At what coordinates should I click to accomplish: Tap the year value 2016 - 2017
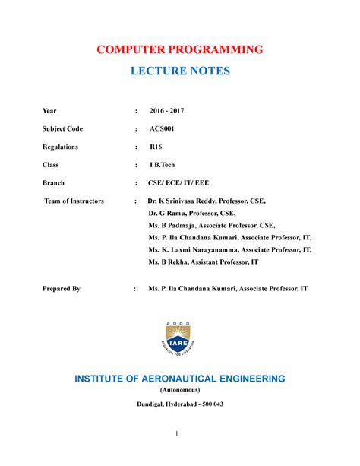pos(166,111)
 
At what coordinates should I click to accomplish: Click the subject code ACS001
pos(162,128)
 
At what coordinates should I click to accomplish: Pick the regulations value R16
pos(156,147)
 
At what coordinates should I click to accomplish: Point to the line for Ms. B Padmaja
pos(212,226)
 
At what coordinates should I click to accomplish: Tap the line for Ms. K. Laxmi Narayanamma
pos(229,249)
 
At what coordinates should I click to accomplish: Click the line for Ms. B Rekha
pos(204,262)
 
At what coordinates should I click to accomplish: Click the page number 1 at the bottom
pos(175,433)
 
